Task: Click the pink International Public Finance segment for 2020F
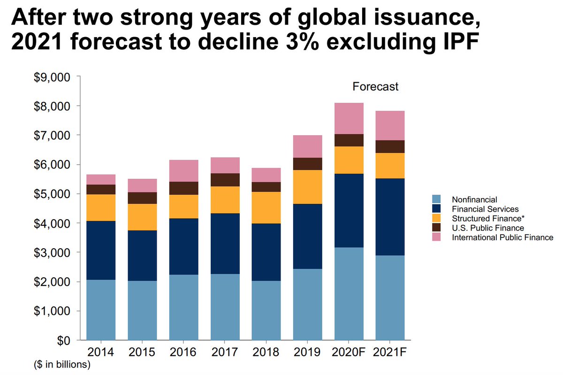(349, 118)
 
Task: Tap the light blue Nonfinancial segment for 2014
(101, 310)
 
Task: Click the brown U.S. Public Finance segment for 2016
(184, 188)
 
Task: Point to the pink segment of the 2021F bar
(390, 125)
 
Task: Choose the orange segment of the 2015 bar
(143, 217)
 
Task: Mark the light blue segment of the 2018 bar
(266, 310)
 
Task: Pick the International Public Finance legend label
(502, 237)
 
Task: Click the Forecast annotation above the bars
(375, 86)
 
